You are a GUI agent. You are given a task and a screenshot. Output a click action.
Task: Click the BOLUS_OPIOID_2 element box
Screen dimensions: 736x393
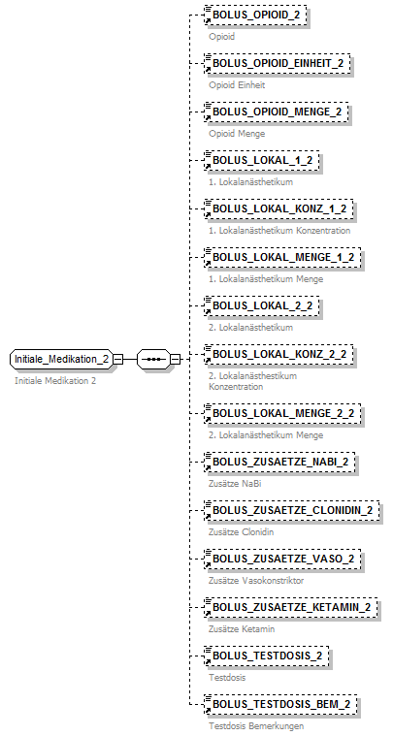[x=256, y=16]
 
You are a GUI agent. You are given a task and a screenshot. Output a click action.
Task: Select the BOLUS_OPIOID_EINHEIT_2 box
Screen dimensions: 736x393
[x=278, y=64]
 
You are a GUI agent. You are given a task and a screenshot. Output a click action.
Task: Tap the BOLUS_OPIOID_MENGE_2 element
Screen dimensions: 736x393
[x=277, y=112]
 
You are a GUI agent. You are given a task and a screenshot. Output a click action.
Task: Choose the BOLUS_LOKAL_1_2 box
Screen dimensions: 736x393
[x=262, y=161]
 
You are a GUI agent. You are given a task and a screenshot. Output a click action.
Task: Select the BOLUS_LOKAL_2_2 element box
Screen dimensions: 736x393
[x=262, y=306]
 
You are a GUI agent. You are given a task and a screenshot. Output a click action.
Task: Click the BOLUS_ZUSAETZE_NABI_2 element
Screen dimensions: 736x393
[x=279, y=462]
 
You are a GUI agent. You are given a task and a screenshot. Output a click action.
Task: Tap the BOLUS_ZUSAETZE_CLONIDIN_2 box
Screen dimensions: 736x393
[x=292, y=510]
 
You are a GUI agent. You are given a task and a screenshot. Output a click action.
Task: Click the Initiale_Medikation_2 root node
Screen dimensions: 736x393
[x=61, y=359]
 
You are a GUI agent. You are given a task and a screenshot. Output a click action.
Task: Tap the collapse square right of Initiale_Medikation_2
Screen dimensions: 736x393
[x=117, y=359]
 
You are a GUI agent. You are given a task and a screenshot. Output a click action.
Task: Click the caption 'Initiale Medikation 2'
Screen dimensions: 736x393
[x=55, y=381]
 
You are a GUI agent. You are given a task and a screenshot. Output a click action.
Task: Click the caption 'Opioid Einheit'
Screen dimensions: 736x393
[x=237, y=85]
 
